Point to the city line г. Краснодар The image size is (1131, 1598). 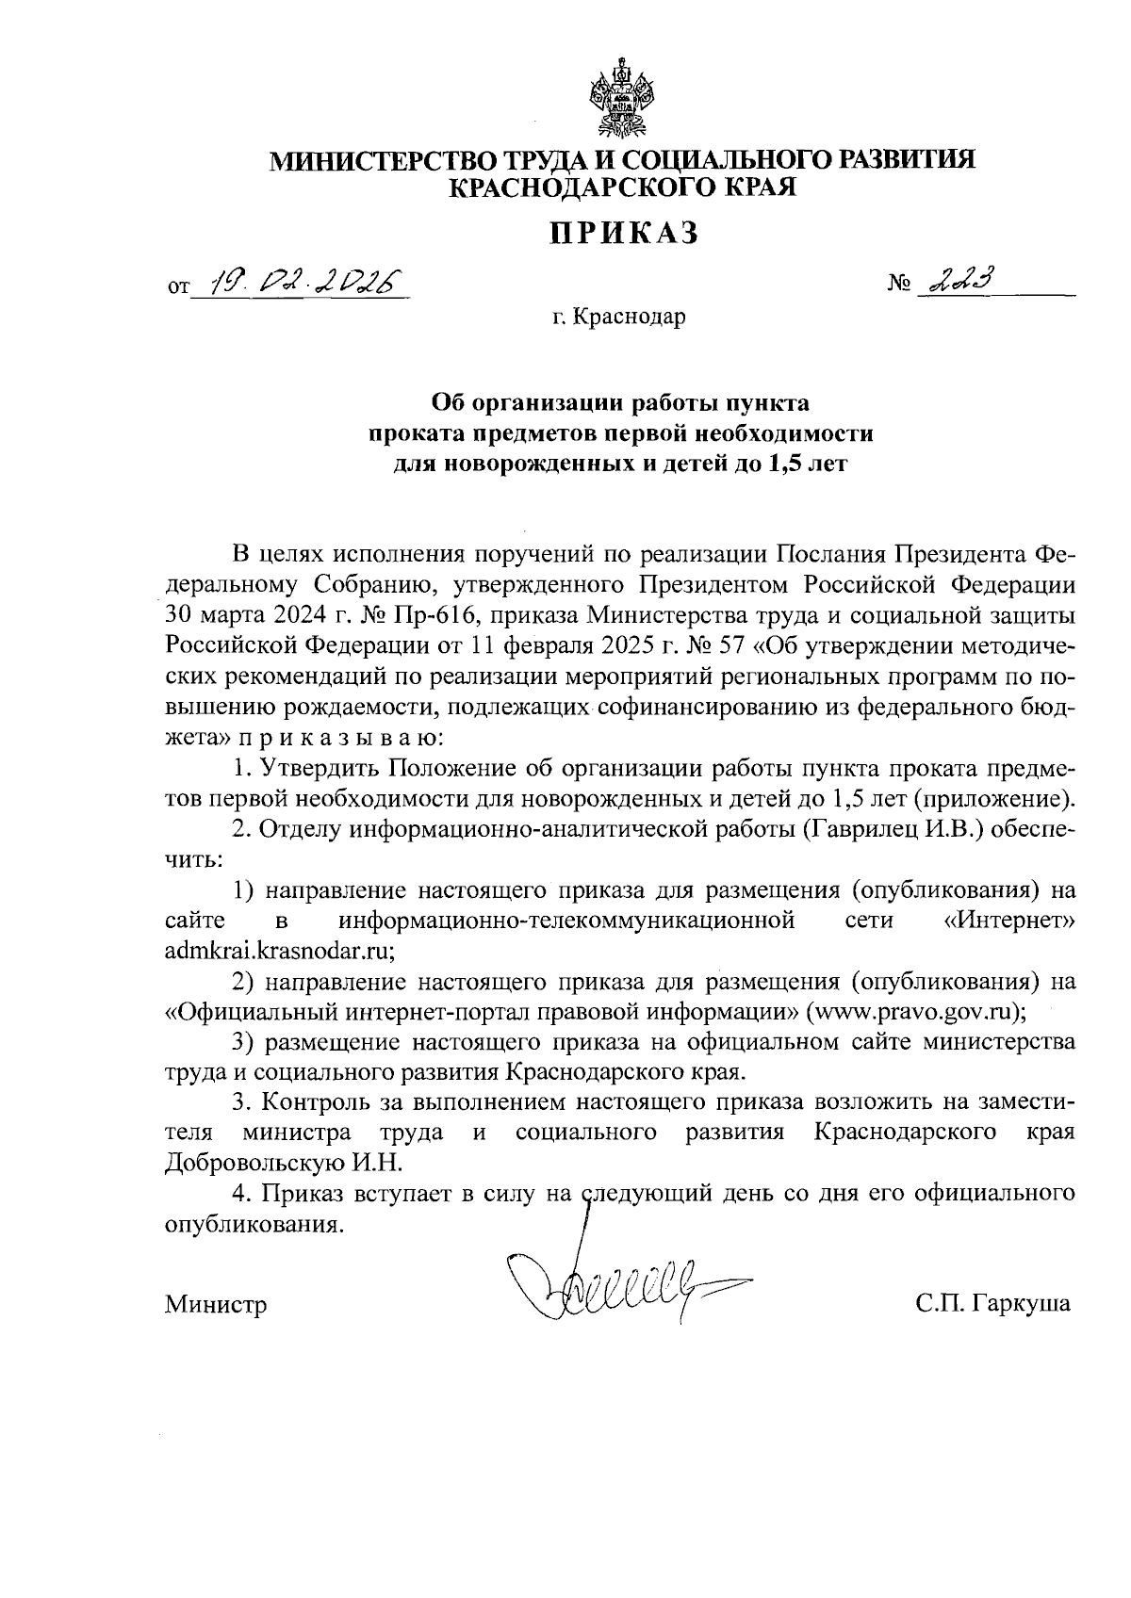coord(619,318)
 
